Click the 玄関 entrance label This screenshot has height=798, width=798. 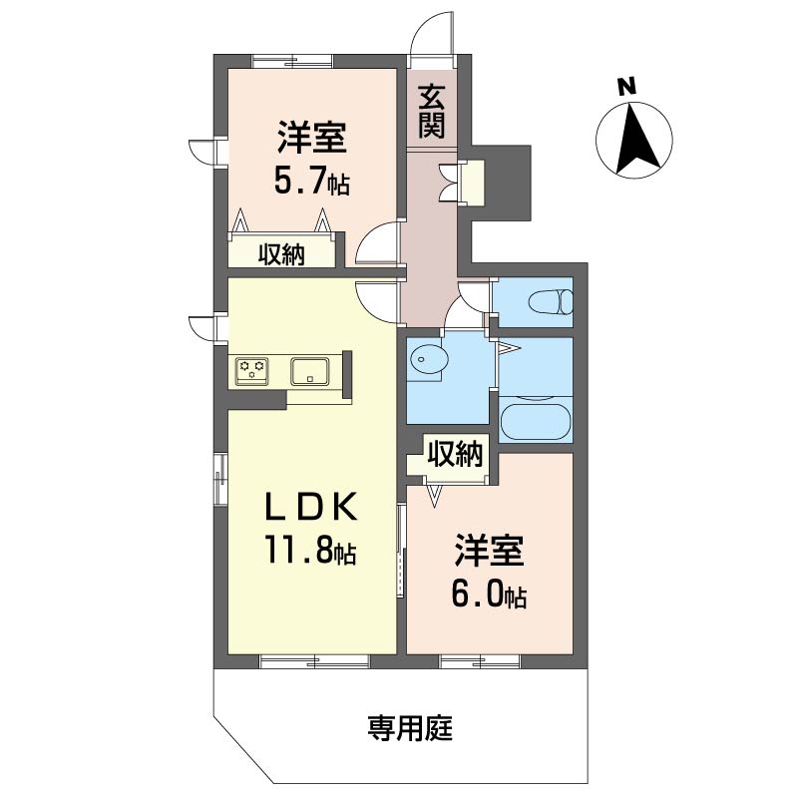(432, 112)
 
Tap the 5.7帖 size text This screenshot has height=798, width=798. (312, 182)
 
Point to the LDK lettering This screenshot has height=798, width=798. (310, 507)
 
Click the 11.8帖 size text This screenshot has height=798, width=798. (309, 551)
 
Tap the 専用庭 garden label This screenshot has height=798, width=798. (410, 728)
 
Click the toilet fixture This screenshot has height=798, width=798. (551, 302)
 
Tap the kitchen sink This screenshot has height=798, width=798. (310, 371)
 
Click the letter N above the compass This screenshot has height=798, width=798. (627, 87)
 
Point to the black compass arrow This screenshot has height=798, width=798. (636, 138)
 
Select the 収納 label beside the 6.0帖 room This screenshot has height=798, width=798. (455, 453)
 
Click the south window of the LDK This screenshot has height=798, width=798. (314, 661)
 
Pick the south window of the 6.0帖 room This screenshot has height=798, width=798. (481, 661)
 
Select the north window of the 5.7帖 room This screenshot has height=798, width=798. (292, 61)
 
